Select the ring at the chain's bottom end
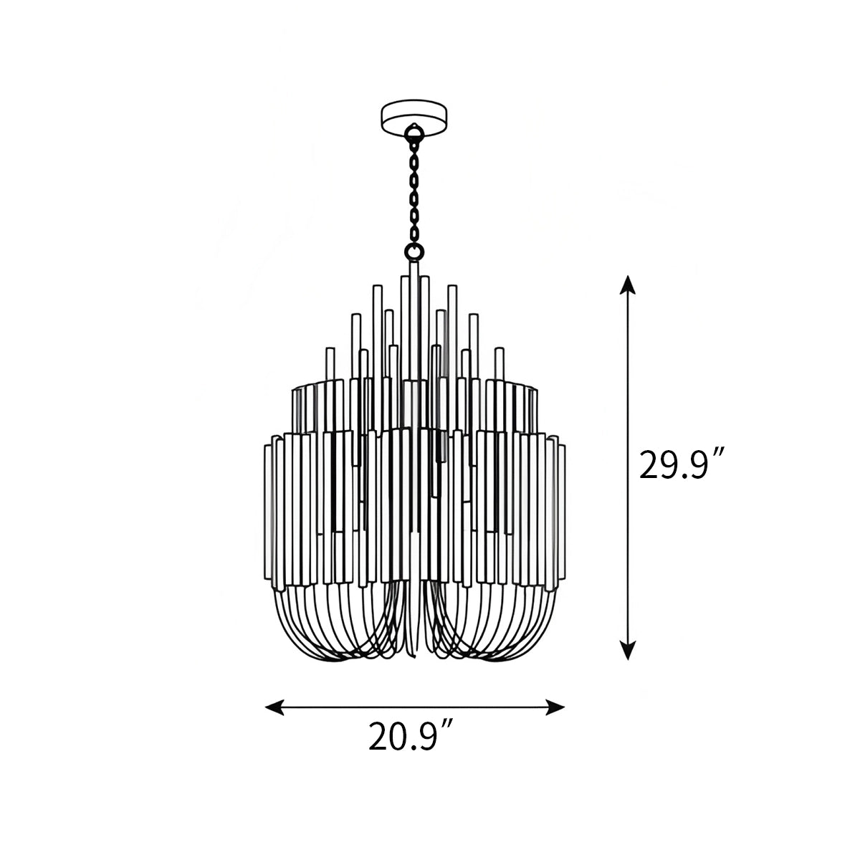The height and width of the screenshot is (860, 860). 414,251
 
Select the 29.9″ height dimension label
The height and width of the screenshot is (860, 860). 682,467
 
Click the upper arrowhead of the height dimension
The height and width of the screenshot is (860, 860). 628,283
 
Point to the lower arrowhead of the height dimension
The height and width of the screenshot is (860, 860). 628,650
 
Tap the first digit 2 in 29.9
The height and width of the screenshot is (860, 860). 650,467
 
